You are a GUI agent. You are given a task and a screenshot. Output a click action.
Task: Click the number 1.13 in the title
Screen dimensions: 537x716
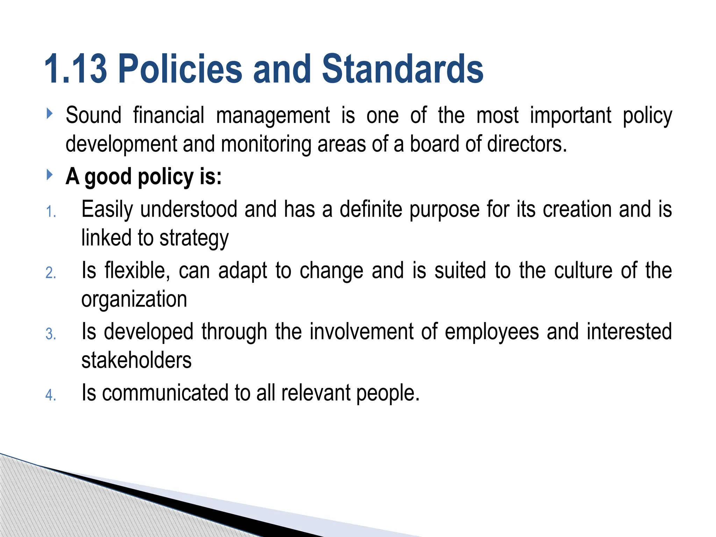tap(76, 69)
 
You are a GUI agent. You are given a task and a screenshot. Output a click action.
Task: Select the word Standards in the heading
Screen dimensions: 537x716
tap(402, 69)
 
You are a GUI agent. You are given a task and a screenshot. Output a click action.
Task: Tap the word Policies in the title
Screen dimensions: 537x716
tap(180, 69)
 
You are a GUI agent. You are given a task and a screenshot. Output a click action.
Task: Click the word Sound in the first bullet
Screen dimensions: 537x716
tap(93, 115)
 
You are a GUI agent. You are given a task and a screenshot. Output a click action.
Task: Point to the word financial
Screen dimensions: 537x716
tap(169, 115)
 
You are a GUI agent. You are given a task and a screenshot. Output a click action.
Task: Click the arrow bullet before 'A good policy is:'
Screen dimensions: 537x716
tap(49, 174)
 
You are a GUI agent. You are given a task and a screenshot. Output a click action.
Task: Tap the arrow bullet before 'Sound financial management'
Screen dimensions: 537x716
tap(49, 113)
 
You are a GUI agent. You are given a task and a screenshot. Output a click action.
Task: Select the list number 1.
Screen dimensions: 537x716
tap(51, 212)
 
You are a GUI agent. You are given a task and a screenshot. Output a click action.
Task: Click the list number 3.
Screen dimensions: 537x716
tap(51, 334)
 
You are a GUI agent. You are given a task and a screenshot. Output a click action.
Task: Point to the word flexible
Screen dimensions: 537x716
tap(137, 271)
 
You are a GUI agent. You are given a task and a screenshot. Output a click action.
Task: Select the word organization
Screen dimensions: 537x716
tap(134, 299)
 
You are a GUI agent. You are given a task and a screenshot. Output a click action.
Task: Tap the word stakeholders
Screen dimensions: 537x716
tap(136, 360)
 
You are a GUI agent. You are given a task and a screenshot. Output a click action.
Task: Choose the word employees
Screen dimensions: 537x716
tap(492, 332)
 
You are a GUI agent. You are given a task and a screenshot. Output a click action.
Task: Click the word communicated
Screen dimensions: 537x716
tap(165, 393)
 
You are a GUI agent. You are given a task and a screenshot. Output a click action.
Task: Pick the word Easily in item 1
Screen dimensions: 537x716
tap(107, 210)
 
